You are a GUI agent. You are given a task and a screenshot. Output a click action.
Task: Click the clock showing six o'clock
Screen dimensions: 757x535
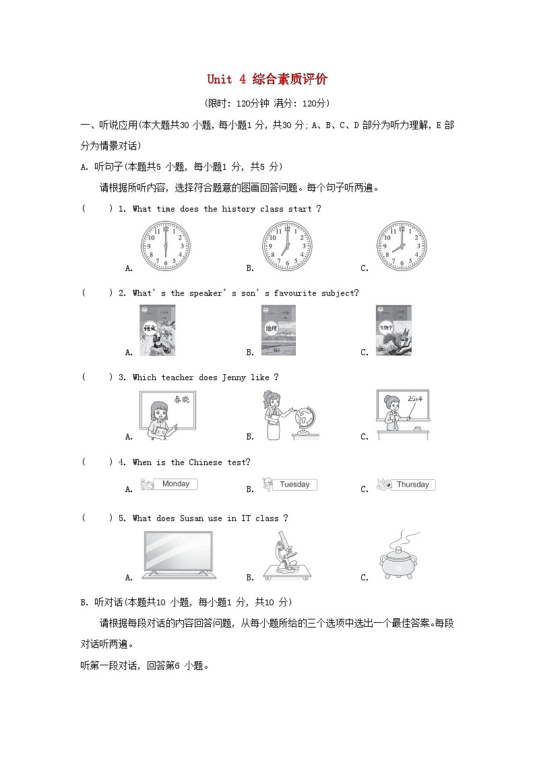point(165,246)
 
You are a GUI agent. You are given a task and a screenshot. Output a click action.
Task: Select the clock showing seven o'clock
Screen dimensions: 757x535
point(287,246)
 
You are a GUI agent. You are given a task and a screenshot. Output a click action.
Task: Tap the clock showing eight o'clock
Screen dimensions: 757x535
point(401,246)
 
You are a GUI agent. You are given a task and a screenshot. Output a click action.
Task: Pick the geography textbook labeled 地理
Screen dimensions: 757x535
point(278,330)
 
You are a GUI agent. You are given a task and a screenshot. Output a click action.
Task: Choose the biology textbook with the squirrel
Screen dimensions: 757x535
point(394,330)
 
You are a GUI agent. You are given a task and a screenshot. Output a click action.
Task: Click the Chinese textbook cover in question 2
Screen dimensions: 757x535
point(157,330)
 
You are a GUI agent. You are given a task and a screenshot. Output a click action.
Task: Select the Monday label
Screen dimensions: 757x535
point(176,484)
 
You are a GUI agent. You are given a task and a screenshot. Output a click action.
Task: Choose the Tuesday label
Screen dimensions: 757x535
point(294,485)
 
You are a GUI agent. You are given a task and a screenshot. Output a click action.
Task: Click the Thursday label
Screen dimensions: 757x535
point(412,485)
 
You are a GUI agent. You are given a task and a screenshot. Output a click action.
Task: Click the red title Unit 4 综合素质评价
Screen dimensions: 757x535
point(267,80)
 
